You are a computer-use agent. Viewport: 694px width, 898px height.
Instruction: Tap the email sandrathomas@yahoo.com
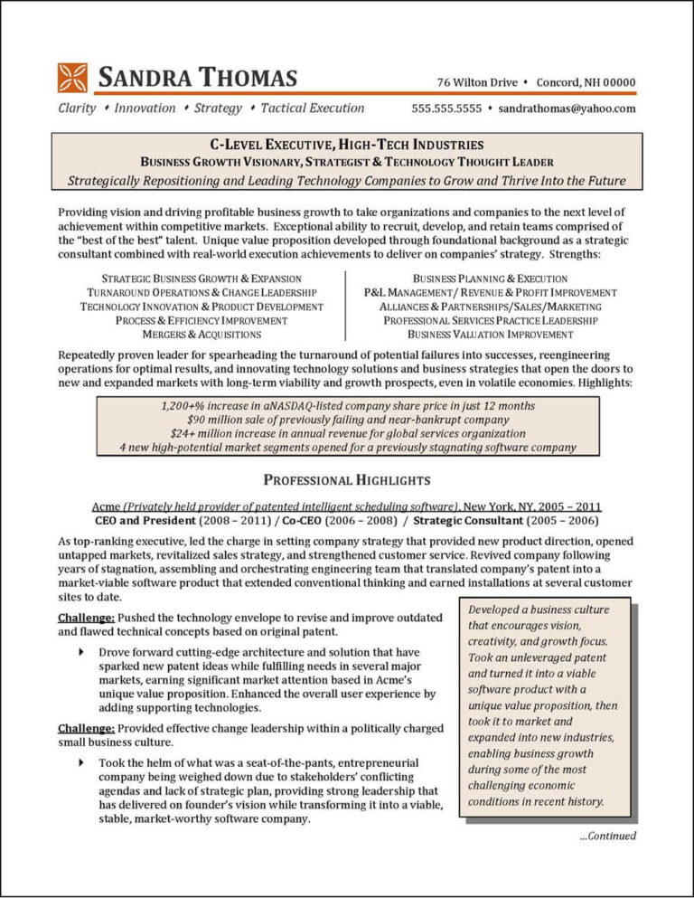567,109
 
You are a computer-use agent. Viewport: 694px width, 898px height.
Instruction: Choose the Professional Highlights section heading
346,479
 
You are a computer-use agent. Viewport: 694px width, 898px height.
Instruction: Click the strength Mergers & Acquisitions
195,334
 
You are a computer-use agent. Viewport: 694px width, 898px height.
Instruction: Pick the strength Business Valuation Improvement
490,334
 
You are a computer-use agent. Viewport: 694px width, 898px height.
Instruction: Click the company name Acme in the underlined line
107,506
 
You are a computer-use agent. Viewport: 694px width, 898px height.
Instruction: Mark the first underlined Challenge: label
86,618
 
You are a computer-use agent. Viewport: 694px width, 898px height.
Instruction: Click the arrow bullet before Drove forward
82,652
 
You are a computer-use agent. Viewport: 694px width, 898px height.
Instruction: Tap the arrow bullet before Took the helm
82,762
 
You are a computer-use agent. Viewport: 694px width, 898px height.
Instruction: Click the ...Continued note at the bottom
607,836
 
